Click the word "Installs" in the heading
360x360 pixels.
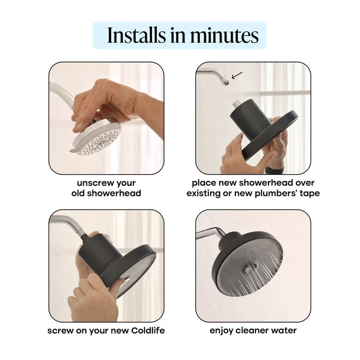(x=136, y=35)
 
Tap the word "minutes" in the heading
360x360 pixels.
(x=224, y=35)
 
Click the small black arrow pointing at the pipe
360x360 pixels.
(x=237, y=75)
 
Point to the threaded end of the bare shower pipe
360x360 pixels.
(x=226, y=83)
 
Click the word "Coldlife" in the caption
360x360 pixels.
(x=148, y=331)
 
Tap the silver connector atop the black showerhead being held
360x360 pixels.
(x=236, y=104)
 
